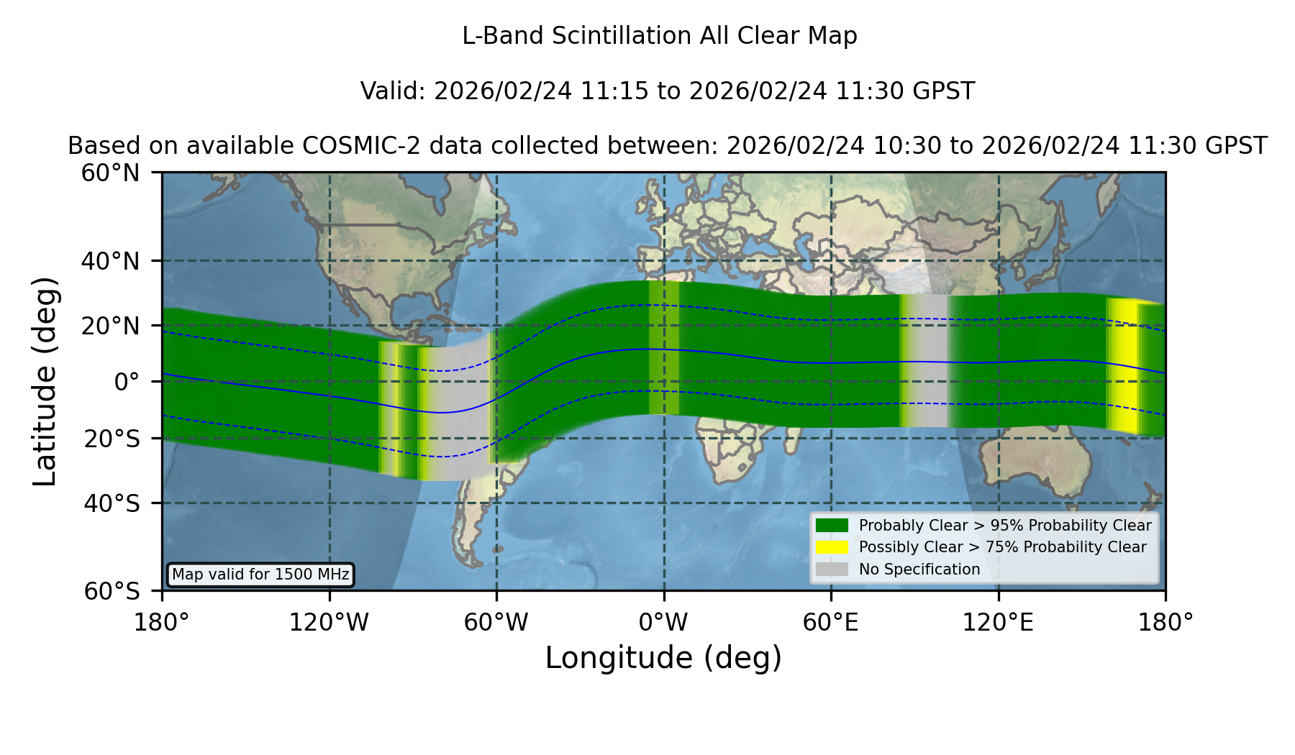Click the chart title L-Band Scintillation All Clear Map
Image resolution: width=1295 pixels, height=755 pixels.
tap(660, 35)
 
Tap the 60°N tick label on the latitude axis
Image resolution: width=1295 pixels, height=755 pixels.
tap(110, 173)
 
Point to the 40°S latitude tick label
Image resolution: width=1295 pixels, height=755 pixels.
tap(112, 503)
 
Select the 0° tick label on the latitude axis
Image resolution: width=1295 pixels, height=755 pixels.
tap(127, 382)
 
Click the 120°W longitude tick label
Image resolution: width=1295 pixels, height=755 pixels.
tap(329, 622)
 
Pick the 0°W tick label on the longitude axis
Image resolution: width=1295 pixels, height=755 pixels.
tap(663, 622)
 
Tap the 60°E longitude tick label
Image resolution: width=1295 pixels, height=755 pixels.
tap(831, 622)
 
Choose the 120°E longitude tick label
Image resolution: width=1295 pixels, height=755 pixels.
tap(999, 622)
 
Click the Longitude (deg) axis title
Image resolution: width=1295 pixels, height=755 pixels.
tap(663, 658)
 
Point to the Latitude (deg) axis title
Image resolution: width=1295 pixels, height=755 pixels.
tap(45, 382)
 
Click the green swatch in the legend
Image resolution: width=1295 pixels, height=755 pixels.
tap(832, 525)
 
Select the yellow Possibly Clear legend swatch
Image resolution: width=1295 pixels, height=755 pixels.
tap(832, 546)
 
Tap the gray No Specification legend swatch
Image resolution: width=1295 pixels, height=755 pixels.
tap(832, 569)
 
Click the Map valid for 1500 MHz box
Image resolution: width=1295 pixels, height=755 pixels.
tap(260, 575)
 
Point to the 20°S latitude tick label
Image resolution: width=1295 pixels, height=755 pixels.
tap(112, 439)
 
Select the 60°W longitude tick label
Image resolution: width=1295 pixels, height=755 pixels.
tap(496, 622)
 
